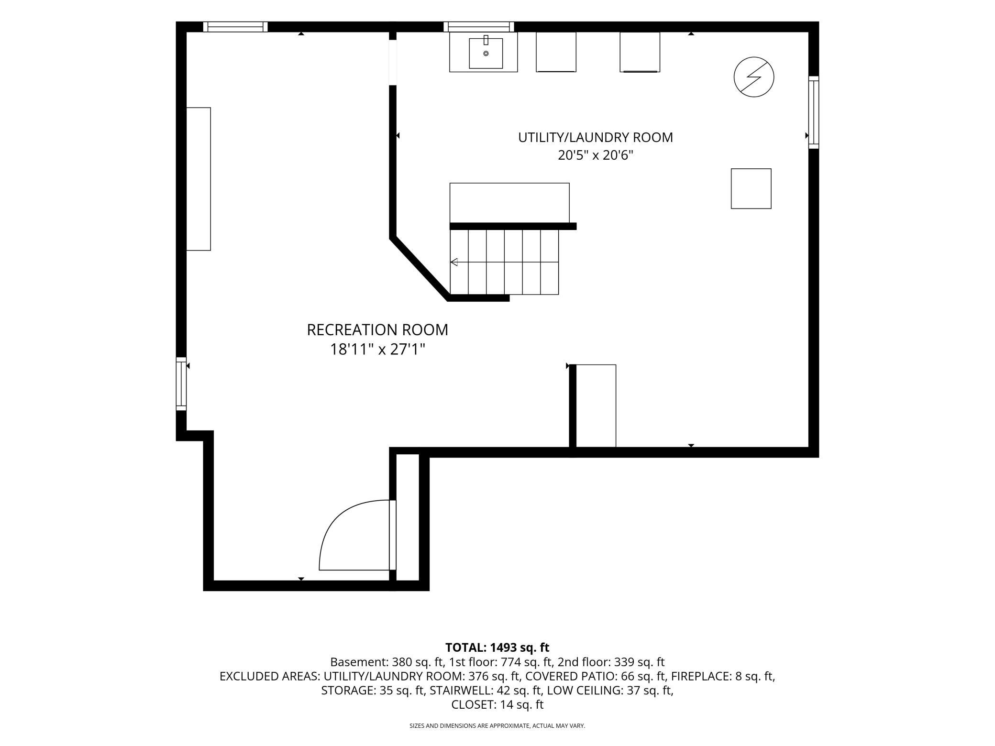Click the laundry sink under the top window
[483, 52]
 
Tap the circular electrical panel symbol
[754, 77]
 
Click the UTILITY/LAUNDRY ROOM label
[596, 137]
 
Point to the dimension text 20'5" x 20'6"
[596, 155]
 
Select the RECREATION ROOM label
[377, 330]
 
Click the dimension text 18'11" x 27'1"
[377, 350]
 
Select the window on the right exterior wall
[814, 112]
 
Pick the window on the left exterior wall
[181, 384]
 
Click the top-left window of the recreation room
[235, 27]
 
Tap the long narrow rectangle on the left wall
[199, 179]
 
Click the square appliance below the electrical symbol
[751, 188]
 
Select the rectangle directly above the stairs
[509, 203]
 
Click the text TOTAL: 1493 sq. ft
[497, 647]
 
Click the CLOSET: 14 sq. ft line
[497, 704]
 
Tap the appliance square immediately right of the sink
[556, 52]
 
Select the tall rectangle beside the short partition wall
[596, 406]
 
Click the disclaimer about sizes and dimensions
[497, 726]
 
